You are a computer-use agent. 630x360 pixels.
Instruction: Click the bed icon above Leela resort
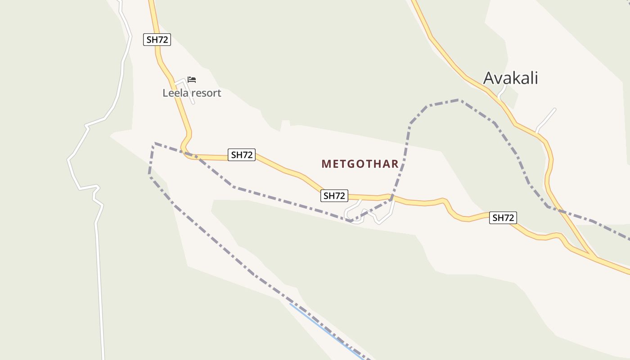point(192,80)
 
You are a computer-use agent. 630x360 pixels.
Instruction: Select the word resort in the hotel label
point(205,93)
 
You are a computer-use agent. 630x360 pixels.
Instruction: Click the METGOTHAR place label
point(360,164)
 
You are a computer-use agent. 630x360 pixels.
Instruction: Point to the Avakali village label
point(510,78)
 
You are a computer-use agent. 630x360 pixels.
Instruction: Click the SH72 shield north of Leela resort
point(157,40)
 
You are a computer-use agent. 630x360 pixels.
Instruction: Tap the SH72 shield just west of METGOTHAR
point(242,155)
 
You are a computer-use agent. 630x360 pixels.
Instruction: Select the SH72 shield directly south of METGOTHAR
point(334,196)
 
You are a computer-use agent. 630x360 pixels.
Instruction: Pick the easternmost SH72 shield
point(503,218)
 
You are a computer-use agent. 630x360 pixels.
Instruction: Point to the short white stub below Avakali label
point(503,92)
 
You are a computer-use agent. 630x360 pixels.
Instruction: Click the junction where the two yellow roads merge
point(593,256)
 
